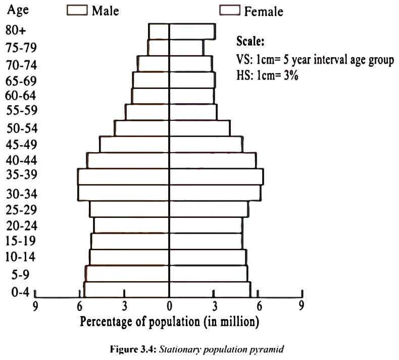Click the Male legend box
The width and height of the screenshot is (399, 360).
[x=77, y=11]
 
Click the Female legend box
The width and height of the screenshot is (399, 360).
[x=230, y=11]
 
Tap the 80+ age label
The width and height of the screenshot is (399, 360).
[x=16, y=30]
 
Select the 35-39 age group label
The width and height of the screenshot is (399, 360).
[x=22, y=174]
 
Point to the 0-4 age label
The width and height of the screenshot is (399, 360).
[x=20, y=292]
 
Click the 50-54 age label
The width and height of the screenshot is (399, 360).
[x=22, y=128]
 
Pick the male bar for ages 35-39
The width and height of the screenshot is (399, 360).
[x=123, y=176]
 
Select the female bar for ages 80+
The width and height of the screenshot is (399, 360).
[x=192, y=31]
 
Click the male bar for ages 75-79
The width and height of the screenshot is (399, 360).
[x=158, y=48]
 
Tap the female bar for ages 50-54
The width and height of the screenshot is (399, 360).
[x=200, y=128]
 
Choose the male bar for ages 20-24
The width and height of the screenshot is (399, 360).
[x=131, y=225]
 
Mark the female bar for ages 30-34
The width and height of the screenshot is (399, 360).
[x=215, y=193]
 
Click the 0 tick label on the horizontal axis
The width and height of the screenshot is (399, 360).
[x=170, y=306]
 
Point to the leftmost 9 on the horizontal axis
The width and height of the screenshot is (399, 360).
[x=35, y=306]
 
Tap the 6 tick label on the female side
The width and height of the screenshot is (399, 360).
[x=259, y=306]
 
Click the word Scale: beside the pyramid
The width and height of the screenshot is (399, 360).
[x=251, y=41]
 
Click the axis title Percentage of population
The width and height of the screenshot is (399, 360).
[x=140, y=322]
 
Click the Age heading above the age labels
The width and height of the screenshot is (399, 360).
[x=18, y=11]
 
